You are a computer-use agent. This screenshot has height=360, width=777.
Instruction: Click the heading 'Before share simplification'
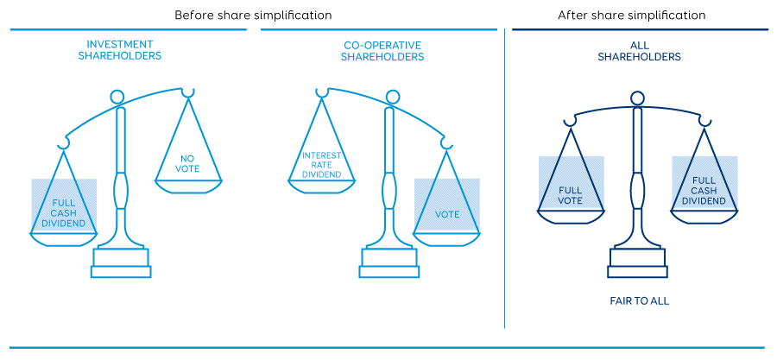click(253, 16)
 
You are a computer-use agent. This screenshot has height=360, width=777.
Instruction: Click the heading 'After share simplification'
click(631, 16)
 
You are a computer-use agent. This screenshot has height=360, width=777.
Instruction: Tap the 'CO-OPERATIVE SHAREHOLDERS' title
click(382, 49)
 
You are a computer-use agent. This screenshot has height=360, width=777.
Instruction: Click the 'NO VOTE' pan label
click(188, 163)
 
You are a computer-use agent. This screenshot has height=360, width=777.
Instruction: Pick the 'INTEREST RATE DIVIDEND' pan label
click(321, 164)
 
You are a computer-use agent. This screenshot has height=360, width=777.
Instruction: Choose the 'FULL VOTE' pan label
click(570, 194)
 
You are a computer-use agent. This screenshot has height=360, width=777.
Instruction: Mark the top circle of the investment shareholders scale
click(117, 96)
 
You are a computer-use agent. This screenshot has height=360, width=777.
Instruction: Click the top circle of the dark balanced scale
click(637, 97)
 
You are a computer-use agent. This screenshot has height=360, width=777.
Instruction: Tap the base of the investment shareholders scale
click(122, 263)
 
